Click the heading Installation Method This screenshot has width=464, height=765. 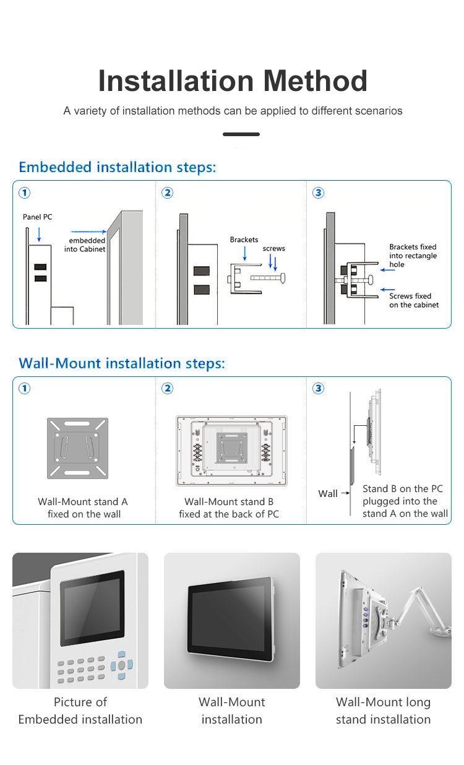point(233,81)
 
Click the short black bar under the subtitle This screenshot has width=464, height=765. point(241,134)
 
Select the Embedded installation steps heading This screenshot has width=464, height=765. point(118,167)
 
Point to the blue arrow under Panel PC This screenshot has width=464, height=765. point(39,234)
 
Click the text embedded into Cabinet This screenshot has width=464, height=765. point(86,245)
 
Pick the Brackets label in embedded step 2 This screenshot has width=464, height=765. point(244,240)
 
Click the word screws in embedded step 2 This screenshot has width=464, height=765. point(273,248)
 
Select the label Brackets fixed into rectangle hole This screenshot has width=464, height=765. point(413,256)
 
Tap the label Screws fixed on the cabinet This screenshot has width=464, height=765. point(413,300)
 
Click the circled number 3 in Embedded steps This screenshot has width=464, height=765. point(319,193)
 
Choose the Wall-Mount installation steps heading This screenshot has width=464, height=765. point(122,363)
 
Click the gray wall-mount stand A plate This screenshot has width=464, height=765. point(77,448)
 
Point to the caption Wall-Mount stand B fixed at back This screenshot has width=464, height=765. point(229,508)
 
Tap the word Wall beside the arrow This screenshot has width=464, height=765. point(328,493)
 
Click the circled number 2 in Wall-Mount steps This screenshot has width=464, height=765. point(167,389)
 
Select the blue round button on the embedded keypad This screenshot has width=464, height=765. point(121,665)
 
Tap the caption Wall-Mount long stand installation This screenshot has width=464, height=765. point(383,711)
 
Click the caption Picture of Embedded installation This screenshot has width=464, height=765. point(80,711)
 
